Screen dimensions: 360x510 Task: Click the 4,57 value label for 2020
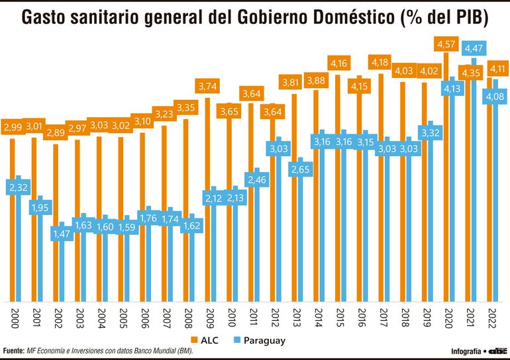pos(447,44)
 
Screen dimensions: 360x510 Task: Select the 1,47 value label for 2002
pos(61,234)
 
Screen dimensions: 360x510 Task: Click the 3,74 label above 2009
pos(208,86)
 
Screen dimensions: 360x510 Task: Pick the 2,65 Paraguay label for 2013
pos(300,169)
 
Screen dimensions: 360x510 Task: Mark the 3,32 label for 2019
pos(431,133)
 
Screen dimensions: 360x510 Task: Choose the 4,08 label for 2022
pos(496,97)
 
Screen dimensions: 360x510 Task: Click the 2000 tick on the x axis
pos(14,316)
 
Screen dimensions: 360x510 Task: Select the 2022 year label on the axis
pos(492,316)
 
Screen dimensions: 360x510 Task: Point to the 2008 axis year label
pos(188,316)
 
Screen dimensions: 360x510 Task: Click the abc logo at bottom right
pos(497,350)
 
